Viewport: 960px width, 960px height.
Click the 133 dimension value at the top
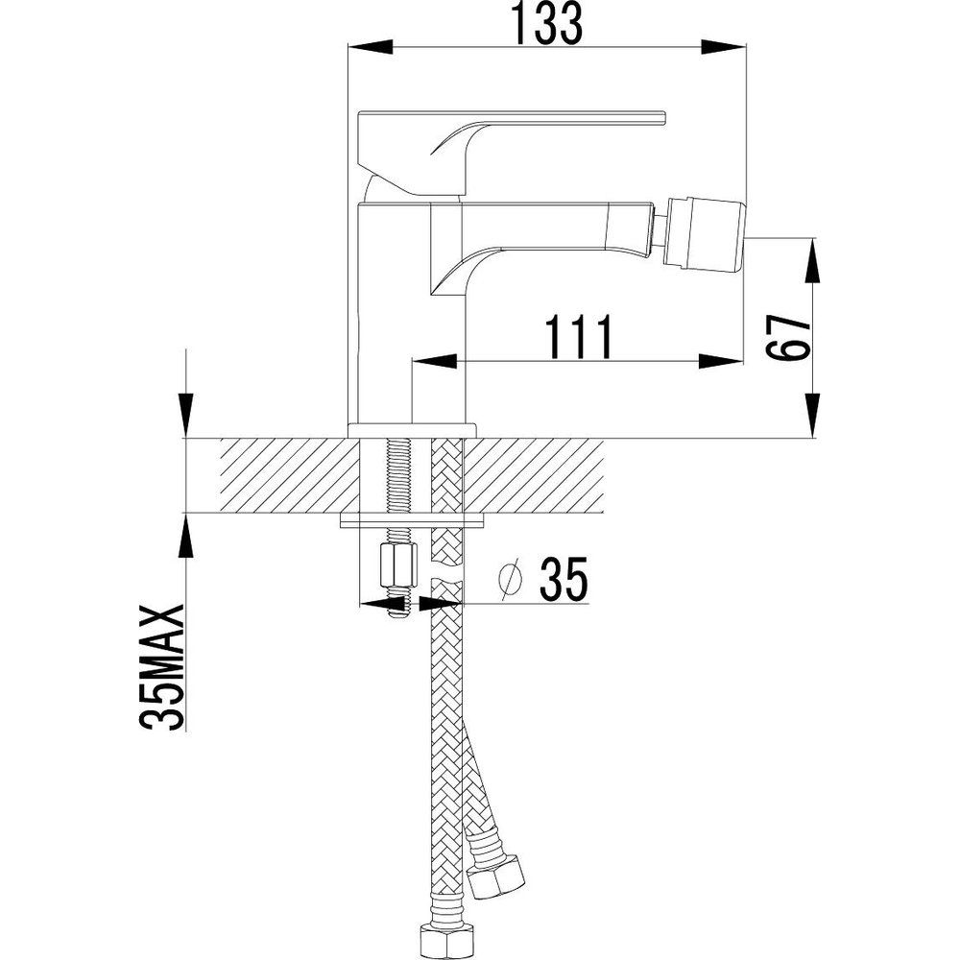click(547, 24)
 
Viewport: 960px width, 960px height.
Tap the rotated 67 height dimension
click(788, 338)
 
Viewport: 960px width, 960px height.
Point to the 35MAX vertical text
click(162, 668)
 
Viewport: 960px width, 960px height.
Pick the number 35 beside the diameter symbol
click(564, 578)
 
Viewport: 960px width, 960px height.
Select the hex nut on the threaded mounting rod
click(398, 565)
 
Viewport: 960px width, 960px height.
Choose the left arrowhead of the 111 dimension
click(435, 361)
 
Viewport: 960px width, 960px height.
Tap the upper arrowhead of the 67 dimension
click(813, 259)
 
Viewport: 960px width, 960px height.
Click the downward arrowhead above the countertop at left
click(185, 415)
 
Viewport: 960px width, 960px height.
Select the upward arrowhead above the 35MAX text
click(185, 536)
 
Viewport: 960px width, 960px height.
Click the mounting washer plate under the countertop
click(412, 520)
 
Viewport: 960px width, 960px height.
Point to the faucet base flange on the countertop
click(412, 430)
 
